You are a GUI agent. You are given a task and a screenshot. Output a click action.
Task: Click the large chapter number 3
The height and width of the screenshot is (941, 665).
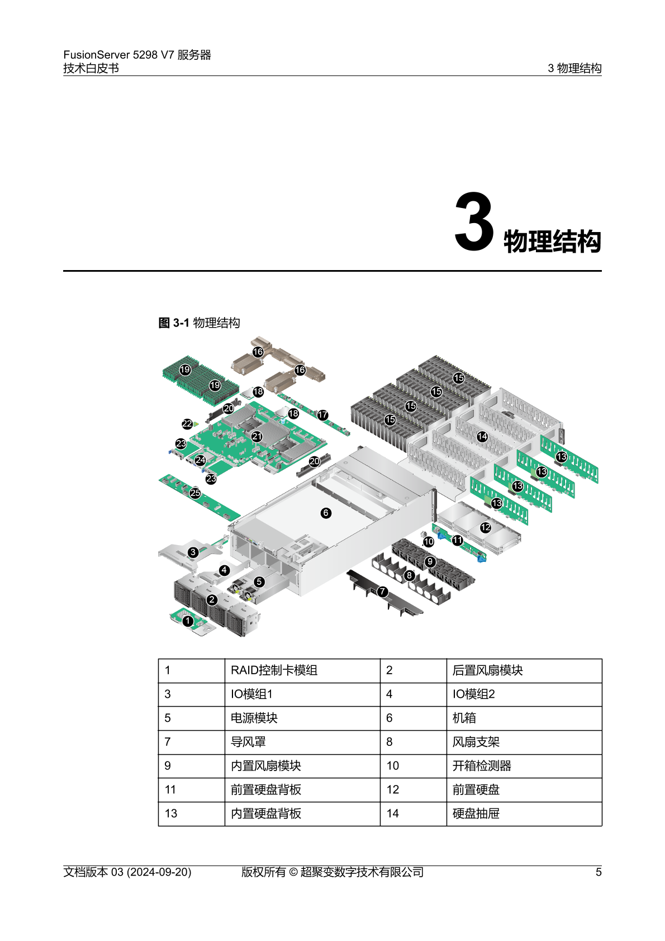474,222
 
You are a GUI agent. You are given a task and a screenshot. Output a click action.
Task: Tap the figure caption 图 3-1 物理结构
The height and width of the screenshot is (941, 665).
199,323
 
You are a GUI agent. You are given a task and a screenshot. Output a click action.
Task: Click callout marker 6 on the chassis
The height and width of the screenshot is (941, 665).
326,513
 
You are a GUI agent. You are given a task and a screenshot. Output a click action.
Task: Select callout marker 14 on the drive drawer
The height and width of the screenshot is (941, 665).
482,437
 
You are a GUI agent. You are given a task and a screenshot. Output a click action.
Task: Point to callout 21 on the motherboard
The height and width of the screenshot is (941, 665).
256,436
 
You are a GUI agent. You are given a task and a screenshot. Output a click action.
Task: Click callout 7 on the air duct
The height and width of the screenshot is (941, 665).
382,591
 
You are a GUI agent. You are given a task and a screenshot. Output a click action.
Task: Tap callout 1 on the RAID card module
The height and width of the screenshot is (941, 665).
188,621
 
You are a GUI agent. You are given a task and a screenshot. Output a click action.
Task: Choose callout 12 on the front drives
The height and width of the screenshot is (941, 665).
486,527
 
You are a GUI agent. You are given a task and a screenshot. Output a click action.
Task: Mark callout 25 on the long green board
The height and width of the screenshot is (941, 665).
195,493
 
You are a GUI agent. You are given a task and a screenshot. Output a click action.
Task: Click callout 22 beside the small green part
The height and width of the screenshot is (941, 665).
187,424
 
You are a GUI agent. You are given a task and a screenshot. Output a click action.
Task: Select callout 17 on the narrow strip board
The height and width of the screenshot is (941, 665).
322,415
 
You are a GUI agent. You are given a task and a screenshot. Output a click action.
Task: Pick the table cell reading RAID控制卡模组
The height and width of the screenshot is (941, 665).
274,670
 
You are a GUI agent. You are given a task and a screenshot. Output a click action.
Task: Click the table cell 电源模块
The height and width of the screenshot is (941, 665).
254,718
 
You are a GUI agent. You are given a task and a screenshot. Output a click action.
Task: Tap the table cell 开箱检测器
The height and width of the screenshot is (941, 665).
482,766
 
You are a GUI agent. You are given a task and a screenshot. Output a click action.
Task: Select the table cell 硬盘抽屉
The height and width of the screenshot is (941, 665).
476,814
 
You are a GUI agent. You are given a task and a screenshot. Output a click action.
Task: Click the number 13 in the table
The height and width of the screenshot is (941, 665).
171,814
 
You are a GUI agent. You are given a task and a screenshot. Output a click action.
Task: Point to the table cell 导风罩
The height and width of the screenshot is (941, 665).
248,742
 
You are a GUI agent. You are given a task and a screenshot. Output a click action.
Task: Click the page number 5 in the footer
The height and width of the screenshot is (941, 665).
598,872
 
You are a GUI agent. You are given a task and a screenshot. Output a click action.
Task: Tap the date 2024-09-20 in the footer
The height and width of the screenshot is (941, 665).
159,872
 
